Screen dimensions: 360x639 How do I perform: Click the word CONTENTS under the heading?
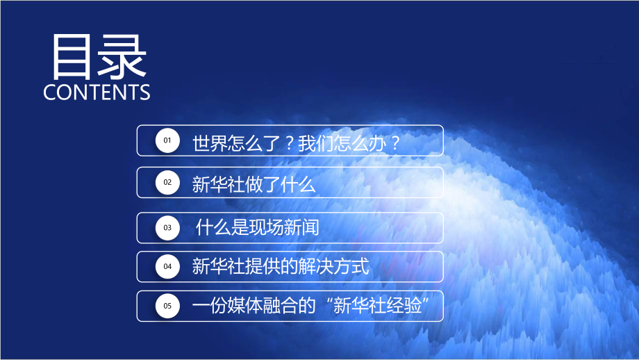(97, 92)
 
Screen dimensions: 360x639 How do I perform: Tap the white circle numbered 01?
(167, 141)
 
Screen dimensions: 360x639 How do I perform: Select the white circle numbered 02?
(167, 183)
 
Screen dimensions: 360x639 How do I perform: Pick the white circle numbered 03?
(167, 227)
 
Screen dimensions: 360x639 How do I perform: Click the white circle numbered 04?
(167, 266)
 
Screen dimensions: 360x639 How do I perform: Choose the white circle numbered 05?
(167, 306)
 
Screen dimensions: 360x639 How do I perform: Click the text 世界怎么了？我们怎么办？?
(297, 143)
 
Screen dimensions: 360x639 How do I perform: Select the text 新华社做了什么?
(254, 184)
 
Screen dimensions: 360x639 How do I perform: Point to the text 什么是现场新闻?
(258, 227)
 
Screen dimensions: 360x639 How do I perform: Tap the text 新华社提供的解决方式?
(280, 266)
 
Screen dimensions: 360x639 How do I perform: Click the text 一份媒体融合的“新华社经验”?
(317, 306)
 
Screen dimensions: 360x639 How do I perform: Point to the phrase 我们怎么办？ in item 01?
(349, 143)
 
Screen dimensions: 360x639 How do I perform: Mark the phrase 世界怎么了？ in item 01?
(244, 143)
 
